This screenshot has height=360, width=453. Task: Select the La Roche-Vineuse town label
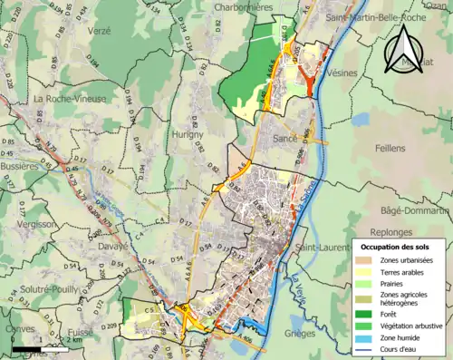69,98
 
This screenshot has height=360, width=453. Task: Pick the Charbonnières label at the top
244,6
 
